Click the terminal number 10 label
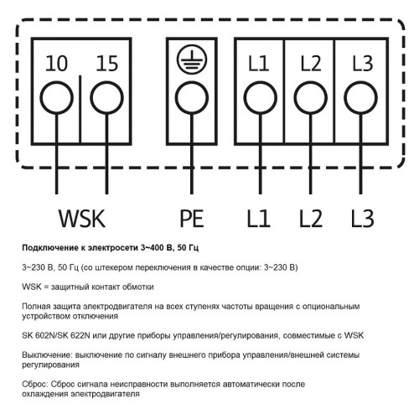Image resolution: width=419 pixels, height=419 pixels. (x=56, y=64)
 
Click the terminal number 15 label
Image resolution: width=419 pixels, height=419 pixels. (x=107, y=64)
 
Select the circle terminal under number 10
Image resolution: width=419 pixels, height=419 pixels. (x=57, y=98)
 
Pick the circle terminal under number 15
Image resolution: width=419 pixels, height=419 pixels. (x=107, y=98)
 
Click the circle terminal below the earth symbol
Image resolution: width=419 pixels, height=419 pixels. (x=192, y=98)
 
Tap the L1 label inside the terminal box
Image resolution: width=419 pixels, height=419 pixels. (x=259, y=64)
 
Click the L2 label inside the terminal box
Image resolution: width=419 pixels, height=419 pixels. (x=311, y=64)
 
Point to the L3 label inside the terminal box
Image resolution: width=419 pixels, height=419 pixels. (x=363, y=64)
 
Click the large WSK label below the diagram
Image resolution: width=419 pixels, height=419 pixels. (x=82, y=219)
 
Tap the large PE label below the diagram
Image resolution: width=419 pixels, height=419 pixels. (x=192, y=219)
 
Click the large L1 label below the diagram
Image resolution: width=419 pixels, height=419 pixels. (x=259, y=219)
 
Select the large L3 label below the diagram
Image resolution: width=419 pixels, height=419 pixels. (x=363, y=219)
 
